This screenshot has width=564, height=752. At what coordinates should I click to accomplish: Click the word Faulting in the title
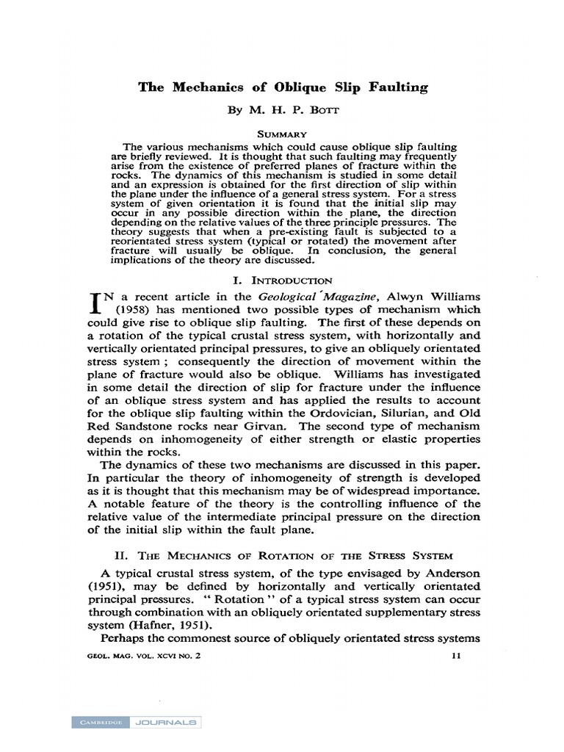[x=391, y=87]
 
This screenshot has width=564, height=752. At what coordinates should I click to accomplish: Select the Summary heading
[x=283, y=135]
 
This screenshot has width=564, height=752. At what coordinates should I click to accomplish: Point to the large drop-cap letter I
[x=93, y=304]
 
